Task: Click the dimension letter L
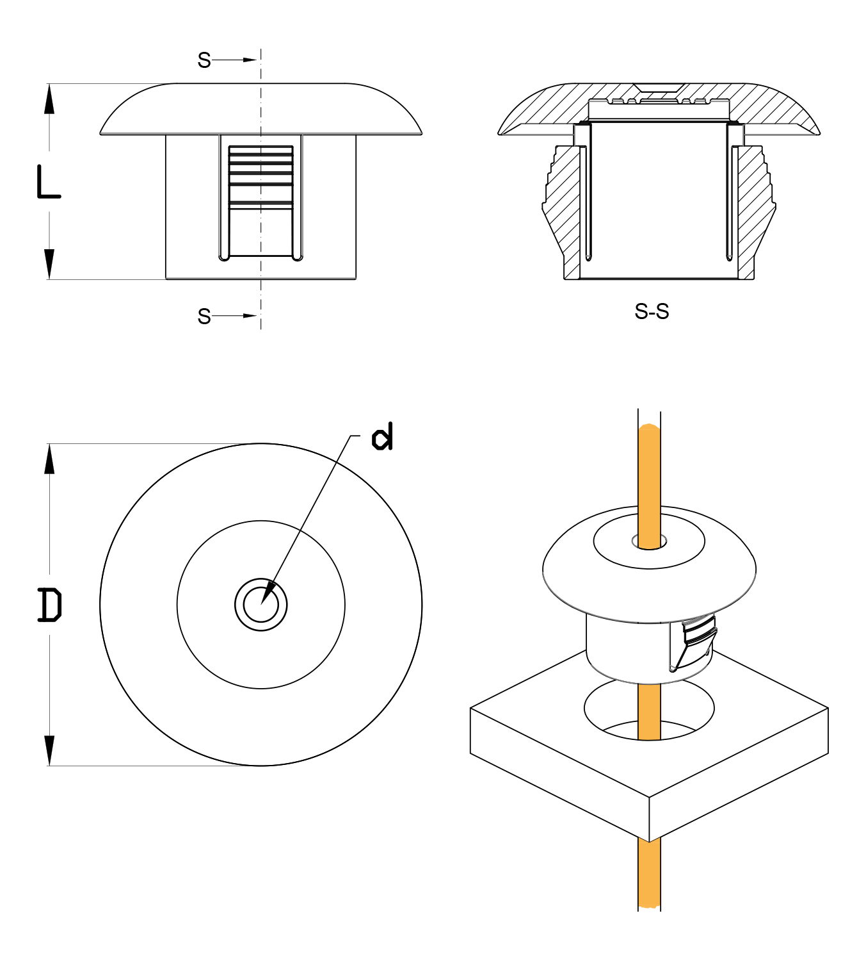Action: pyautogui.click(x=49, y=181)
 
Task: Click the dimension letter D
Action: pyautogui.click(x=50, y=605)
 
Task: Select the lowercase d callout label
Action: pyautogui.click(x=382, y=436)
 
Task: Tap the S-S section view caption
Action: pyautogui.click(x=652, y=311)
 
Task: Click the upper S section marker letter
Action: pyautogui.click(x=204, y=60)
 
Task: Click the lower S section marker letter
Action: pyautogui.click(x=204, y=316)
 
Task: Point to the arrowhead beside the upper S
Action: pyautogui.click(x=250, y=60)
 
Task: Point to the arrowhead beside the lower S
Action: pyautogui.click(x=250, y=316)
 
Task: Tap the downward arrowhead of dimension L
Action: pyautogui.click(x=49, y=264)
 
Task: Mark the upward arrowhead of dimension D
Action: pyautogui.click(x=49, y=459)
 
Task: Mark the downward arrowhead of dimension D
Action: pyautogui.click(x=49, y=751)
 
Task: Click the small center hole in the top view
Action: pyautogui.click(x=261, y=605)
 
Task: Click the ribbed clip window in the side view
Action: pyautogui.click(x=261, y=201)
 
